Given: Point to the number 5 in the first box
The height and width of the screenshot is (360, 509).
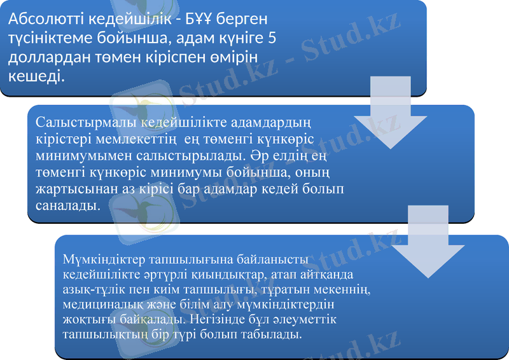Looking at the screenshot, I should tap(272, 39).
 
